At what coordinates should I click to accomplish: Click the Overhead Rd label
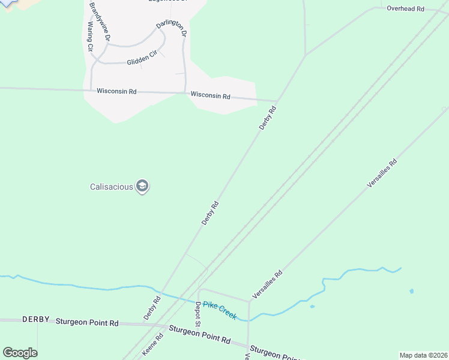[405, 9]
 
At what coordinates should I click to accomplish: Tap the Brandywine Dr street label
[100, 21]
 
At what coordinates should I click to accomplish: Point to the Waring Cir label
[91, 36]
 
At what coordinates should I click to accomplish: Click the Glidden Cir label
[142, 59]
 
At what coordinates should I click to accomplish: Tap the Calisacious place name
[112, 187]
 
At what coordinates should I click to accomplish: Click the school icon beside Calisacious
[142, 187]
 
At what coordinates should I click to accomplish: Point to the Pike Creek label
[220, 310]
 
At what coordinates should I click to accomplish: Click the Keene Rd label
[152, 345]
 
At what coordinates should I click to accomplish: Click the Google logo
[20, 353]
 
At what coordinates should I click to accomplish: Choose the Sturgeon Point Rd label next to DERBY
[87, 322]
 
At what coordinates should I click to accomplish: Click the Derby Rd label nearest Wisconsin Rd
[268, 118]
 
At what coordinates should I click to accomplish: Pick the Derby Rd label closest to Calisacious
[210, 213]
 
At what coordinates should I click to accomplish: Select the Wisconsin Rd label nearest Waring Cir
[116, 91]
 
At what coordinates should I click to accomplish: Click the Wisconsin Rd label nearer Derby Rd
[211, 95]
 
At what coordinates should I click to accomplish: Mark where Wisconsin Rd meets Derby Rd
[277, 101]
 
